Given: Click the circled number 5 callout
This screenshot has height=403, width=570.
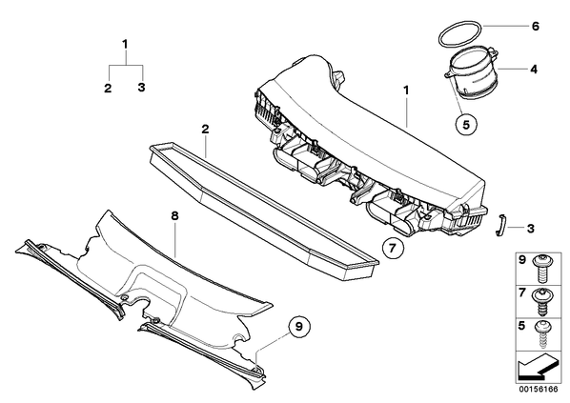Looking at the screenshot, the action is click(x=466, y=124).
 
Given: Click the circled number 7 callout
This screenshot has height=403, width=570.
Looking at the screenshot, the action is click(x=393, y=249).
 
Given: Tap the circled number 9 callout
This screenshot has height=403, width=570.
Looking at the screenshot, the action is click(x=298, y=327).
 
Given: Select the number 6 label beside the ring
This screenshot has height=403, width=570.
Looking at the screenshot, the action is click(x=535, y=27).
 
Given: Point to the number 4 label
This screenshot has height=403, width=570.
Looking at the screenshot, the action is click(x=533, y=69).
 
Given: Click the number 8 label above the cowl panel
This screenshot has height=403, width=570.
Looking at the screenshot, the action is click(x=174, y=216).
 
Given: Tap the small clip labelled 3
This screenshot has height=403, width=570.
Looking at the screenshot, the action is click(x=499, y=226).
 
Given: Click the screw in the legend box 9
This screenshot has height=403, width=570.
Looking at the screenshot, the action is click(x=540, y=269).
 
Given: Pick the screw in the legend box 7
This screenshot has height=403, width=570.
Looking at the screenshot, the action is click(x=540, y=302).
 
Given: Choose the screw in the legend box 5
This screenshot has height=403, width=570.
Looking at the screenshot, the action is click(x=540, y=334).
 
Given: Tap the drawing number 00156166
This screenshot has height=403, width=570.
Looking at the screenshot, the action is click(x=539, y=390).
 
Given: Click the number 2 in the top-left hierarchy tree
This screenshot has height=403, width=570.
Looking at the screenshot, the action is click(x=108, y=88).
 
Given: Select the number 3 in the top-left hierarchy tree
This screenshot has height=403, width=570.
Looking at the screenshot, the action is click(x=141, y=88).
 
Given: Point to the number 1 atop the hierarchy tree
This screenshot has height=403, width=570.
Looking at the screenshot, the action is click(x=125, y=45).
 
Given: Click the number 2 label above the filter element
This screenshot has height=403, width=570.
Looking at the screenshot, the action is click(x=205, y=130).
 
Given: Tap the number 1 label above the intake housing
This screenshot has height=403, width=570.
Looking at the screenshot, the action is click(x=406, y=91).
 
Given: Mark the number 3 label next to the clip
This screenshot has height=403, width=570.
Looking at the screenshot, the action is click(x=530, y=229).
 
